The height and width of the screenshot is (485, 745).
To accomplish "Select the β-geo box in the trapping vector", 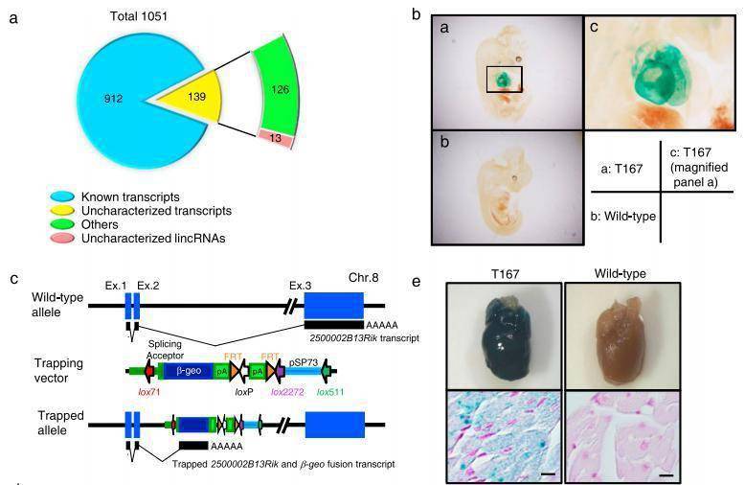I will (x=196, y=369).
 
